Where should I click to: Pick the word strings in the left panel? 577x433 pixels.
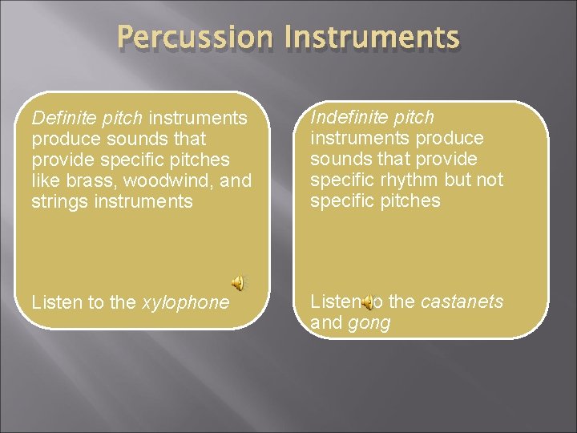coord(59,202)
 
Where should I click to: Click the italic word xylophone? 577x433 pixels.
coord(186,302)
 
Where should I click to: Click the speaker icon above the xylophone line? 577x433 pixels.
coord(239,281)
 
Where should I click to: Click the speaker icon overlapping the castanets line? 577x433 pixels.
coord(366,302)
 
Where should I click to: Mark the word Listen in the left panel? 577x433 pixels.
coord(57,302)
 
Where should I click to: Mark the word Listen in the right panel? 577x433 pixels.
coord(335,301)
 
